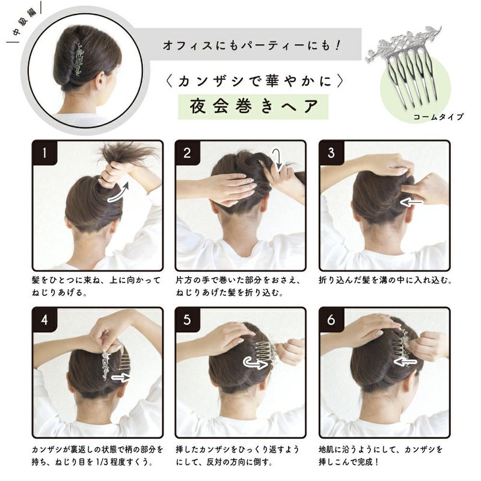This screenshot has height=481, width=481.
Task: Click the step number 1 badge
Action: click(x=44, y=153)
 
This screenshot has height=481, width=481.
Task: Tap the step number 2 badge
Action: click(x=187, y=153)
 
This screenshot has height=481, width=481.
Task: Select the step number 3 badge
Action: click(x=331, y=153)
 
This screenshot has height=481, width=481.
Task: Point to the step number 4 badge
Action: click(x=44, y=320)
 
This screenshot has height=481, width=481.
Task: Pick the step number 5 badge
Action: click(x=187, y=320)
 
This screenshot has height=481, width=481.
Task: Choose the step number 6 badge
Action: click(x=331, y=320)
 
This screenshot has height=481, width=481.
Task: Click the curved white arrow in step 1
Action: click(x=118, y=194)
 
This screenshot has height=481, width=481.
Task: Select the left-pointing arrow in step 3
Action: click(x=411, y=203)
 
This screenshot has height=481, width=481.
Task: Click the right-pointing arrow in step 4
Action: click(x=121, y=378)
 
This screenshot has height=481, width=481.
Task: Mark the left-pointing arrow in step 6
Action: click(x=405, y=362)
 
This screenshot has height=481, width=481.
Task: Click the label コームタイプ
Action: click(x=438, y=117)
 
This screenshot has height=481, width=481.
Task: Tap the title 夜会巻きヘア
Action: click(x=253, y=106)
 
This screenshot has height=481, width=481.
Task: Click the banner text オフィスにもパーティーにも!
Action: click(x=251, y=45)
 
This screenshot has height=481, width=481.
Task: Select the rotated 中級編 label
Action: click(x=25, y=22)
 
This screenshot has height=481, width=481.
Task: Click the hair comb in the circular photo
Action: click(x=79, y=59)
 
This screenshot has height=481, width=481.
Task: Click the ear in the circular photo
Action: click(x=100, y=81)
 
